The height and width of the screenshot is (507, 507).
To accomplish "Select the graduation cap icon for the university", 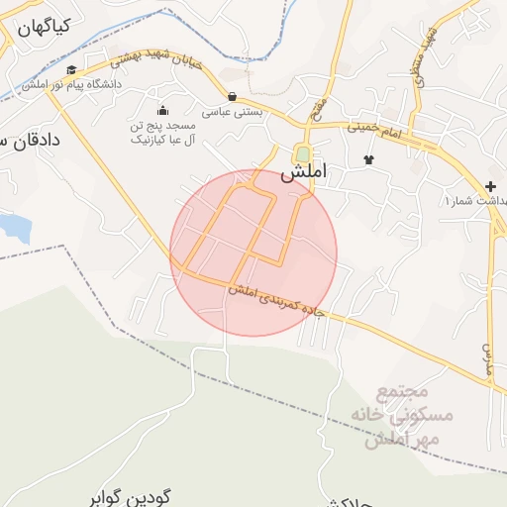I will (x=71, y=70).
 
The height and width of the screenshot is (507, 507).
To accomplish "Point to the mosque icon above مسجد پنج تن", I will (x=162, y=110).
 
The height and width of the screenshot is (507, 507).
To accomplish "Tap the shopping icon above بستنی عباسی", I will (x=232, y=96).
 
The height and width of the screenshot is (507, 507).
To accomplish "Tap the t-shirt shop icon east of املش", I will (x=369, y=158).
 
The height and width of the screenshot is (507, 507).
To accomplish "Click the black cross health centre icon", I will (x=491, y=186).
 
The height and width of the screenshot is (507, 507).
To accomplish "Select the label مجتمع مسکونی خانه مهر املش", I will (x=407, y=416).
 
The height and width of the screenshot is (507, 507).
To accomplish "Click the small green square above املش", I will (x=301, y=154).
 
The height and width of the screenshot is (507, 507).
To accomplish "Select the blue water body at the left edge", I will (x=14, y=227).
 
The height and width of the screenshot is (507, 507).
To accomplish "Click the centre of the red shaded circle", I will (x=253, y=253).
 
